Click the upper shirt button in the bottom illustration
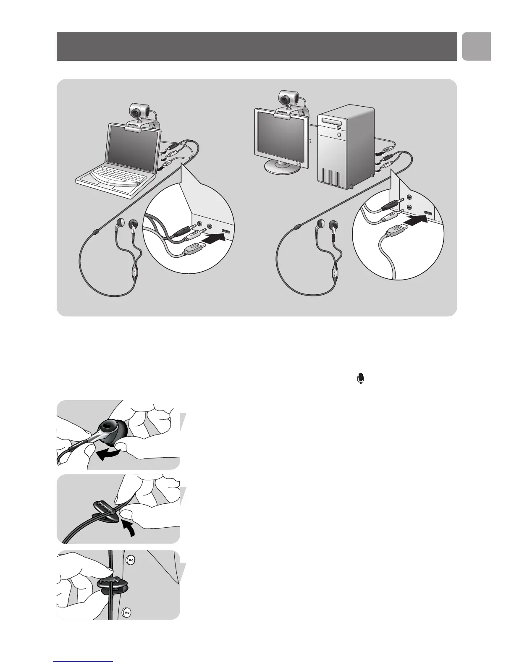131,560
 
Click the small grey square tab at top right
476,47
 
